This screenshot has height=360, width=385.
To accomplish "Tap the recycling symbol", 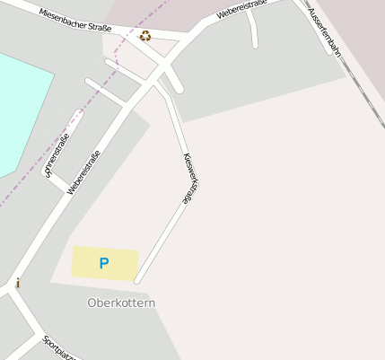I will (145, 36).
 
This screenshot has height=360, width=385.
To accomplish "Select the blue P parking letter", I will (104, 264).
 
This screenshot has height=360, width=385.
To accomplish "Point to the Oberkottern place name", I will (121, 303).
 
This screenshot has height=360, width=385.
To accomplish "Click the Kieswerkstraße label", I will (188, 177).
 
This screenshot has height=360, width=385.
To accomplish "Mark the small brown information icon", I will (17, 284).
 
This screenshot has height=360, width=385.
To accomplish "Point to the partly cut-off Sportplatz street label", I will (58, 348).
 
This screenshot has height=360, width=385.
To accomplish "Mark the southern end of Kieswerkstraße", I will (137, 281).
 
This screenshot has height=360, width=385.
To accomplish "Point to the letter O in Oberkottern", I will (92, 303).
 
